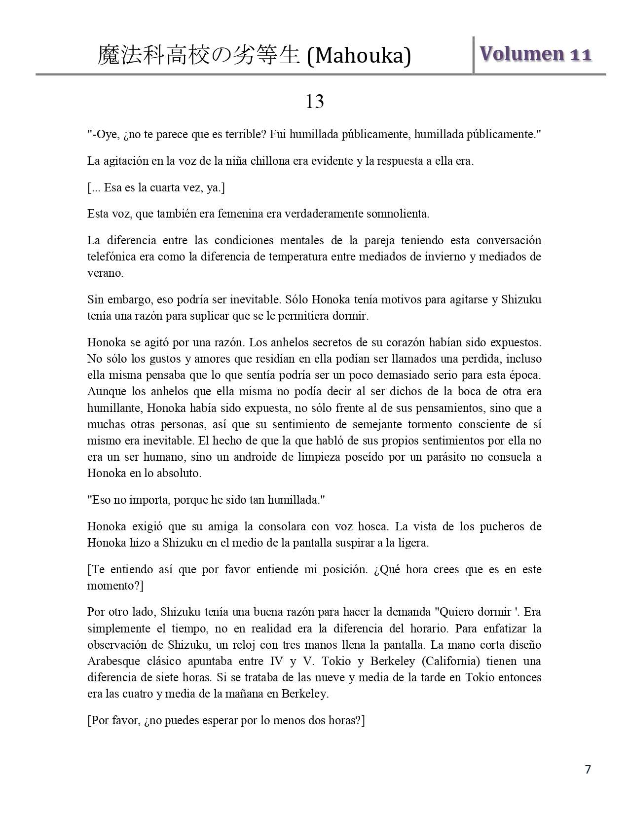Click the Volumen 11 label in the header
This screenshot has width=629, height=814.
[535, 54]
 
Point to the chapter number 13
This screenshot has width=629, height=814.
[315, 102]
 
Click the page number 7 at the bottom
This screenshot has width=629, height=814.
[588, 770]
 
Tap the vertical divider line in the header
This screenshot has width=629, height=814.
[473, 55]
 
